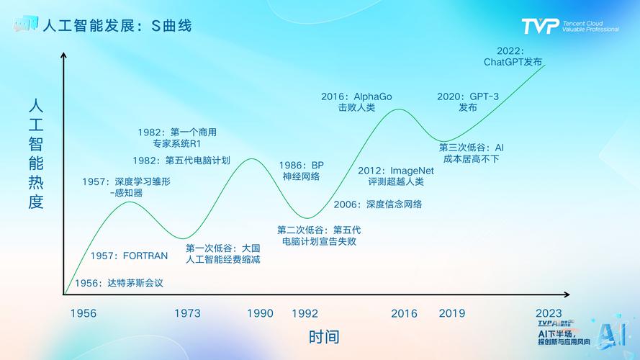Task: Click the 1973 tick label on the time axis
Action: point(187,313)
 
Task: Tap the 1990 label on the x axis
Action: point(260,313)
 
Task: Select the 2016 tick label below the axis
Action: point(404,313)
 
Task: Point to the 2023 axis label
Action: point(549,313)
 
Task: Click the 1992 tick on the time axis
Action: point(305,313)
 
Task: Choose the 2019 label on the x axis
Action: point(452,313)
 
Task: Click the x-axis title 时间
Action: point(324,336)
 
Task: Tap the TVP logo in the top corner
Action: point(540,26)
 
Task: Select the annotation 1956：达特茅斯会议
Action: point(119,283)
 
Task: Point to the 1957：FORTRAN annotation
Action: point(129,256)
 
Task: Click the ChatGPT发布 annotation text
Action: point(513,62)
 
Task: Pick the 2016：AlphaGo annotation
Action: point(356,96)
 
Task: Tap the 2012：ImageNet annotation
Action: point(395,171)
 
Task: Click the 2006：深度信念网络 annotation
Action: point(377,204)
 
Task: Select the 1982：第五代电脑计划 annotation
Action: point(181,160)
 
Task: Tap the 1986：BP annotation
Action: point(301,165)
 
